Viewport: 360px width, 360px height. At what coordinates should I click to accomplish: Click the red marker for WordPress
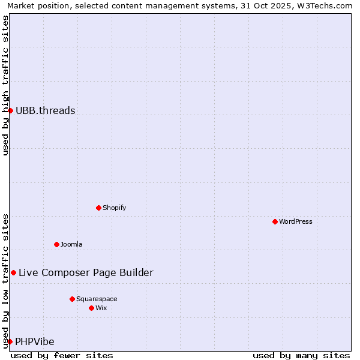tap(275, 221)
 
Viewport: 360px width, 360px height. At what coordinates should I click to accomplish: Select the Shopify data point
tap(98, 208)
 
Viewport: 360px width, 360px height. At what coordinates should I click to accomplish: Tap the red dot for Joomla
tap(56, 244)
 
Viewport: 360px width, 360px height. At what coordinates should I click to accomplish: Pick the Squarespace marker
tap(72, 299)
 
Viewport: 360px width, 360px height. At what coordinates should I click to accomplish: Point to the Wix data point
tap(91, 308)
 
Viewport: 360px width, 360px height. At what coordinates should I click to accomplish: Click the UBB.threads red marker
tap(10, 110)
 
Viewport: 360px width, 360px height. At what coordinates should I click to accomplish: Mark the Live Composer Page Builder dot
tap(13, 272)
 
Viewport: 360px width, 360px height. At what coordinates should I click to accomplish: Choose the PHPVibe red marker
tap(10, 341)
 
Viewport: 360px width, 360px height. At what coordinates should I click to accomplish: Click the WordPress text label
tap(296, 221)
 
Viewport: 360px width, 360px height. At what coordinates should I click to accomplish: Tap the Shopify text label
tap(114, 208)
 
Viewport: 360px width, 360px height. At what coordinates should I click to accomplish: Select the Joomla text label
tap(71, 244)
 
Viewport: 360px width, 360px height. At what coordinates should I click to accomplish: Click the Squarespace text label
tap(97, 299)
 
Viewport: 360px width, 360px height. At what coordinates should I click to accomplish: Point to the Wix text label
tap(101, 308)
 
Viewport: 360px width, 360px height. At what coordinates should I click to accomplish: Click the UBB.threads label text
tap(46, 110)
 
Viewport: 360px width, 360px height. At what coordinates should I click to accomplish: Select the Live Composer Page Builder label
tap(86, 272)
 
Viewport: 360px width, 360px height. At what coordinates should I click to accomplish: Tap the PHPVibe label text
tap(35, 341)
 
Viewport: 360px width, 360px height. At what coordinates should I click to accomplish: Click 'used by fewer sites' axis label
tap(62, 355)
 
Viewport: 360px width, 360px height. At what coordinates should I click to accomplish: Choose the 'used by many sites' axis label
tap(301, 355)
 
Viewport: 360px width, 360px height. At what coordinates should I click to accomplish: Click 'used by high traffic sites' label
tap(5, 85)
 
